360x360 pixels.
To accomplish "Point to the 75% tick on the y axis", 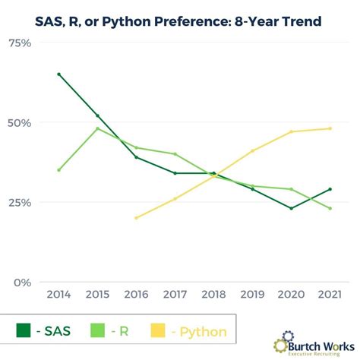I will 20,43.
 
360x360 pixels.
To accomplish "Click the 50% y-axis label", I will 20,123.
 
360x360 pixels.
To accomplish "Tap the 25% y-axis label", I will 20,203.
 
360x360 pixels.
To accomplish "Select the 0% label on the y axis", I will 23,283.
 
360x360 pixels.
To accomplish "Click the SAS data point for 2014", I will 58,74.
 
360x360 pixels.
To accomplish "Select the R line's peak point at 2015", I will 97,128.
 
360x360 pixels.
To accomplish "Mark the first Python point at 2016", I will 136,218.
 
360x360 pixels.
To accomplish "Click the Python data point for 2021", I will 330,128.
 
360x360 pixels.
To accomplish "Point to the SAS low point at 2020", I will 291,208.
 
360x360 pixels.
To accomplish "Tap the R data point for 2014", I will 58,170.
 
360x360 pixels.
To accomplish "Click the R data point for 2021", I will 330,208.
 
